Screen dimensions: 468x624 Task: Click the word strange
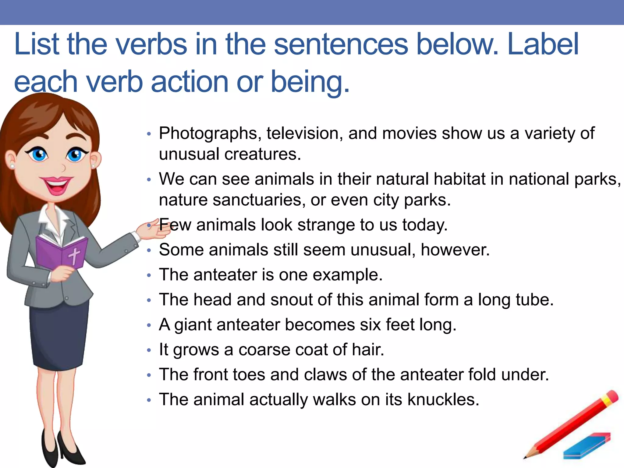(x=326, y=225)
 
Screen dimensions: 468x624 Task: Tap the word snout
(x=292, y=300)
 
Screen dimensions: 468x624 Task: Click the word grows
(x=196, y=350)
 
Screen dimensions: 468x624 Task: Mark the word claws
(x=325, y=374)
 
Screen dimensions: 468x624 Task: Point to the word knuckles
(x=443, y=399)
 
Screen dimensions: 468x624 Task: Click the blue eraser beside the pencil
(x=587, y=445)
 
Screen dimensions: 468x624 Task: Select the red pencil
(x=573, y=424)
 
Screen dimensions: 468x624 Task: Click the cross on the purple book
(x=74, y=255)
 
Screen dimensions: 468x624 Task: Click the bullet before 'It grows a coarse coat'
(x=149, y=350)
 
